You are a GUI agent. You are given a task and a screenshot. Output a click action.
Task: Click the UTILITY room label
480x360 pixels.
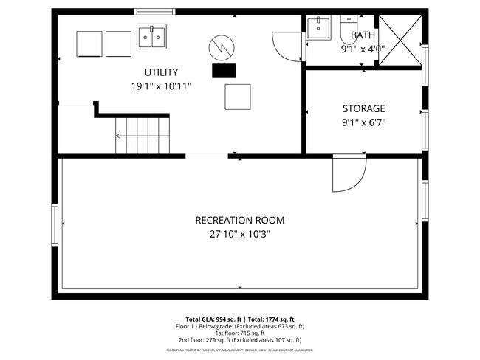pos(160,72)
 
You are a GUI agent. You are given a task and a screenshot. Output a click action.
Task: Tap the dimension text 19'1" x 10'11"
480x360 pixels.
pos(160,86)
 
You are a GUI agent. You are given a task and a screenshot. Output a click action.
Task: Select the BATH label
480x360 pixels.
pos(363,35)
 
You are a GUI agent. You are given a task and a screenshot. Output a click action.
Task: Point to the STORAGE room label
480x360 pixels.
pos(363,109)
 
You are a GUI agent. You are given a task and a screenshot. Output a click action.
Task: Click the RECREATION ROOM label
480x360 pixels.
pos(239,220)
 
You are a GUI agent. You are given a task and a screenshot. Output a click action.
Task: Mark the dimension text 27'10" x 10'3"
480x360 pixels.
pos(239,235)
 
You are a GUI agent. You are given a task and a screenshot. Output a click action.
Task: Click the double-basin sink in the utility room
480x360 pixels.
pos(151,36)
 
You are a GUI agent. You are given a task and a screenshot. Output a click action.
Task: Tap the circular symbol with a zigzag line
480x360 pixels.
pos(220,49)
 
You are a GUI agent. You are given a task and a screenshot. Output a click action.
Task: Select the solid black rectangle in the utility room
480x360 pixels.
pos(224,71)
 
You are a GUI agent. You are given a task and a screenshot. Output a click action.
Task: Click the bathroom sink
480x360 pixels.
pos(319,27)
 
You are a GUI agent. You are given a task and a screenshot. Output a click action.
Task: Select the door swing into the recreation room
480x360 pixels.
pos(349,174)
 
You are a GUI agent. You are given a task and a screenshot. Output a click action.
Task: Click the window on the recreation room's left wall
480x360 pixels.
pos(55,226)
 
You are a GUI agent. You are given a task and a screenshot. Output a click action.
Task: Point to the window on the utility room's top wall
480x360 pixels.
pos(154,12)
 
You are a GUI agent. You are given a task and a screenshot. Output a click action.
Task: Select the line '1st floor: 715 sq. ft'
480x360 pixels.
pos(239,333)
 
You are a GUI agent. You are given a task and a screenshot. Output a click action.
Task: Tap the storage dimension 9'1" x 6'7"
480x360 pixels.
pos(363,123)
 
